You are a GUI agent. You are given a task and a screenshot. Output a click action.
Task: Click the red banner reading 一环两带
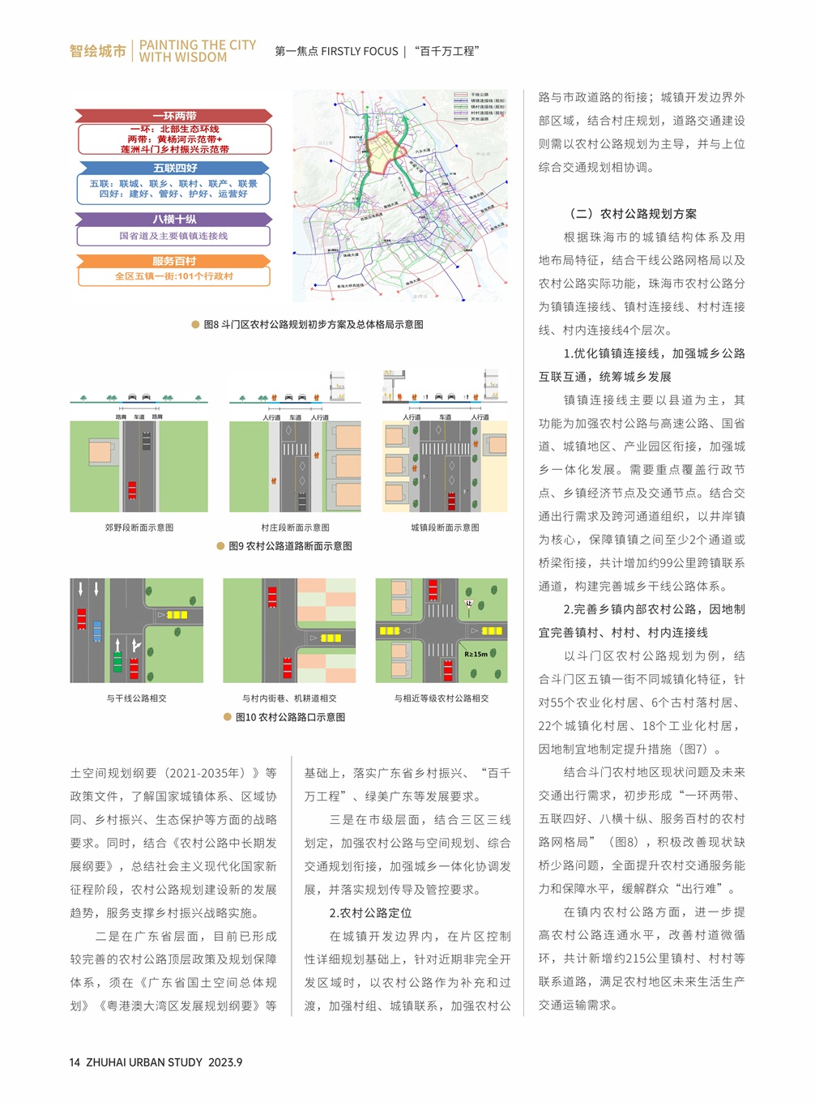[x=174, y=116]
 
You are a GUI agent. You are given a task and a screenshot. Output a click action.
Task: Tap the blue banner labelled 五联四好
[x=174, y=168]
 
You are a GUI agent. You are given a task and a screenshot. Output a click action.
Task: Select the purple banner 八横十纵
[x=174, y=219]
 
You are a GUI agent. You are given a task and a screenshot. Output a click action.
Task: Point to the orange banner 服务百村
[x=174, y=261]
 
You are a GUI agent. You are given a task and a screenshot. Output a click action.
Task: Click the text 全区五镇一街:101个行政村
[x=174, y=276]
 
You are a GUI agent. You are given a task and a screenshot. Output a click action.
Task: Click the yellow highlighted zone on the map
[x=381, y=154]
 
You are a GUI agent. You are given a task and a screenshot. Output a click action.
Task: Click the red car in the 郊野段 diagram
[x=132, y=490]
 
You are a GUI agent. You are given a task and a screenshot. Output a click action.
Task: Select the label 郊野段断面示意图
[x=139, y=527]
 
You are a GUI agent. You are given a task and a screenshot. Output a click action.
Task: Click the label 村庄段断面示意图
[x=295, y=527]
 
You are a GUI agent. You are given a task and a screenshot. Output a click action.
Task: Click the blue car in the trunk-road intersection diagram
[x=97, y=631]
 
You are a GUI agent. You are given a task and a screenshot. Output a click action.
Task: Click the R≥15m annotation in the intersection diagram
[x=476, y=654]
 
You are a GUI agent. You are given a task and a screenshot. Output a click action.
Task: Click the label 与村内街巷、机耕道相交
[x=289, y=698]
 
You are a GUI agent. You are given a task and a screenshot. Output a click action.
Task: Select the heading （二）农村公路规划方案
[x=634, y=214]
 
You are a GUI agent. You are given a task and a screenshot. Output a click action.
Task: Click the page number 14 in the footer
[x=75, y=1062]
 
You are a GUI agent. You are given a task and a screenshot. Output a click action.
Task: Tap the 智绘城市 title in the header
[x=98, y=51]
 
